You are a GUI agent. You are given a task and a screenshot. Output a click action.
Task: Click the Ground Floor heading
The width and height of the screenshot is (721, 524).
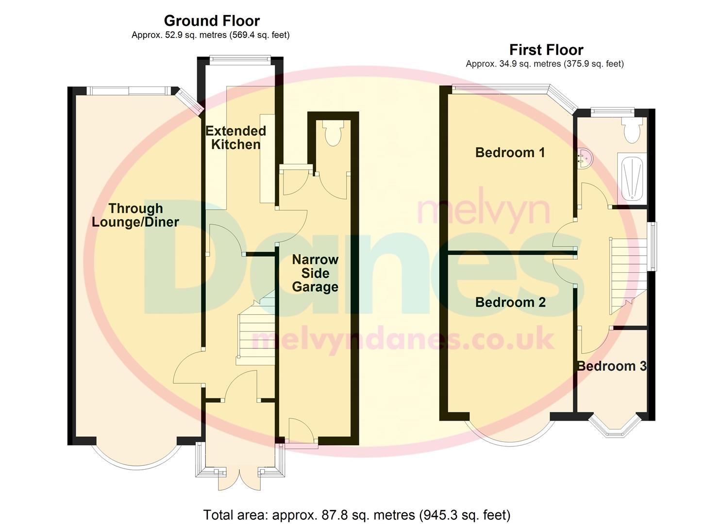212,21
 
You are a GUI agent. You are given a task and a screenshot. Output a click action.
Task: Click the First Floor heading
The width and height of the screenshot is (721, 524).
546,49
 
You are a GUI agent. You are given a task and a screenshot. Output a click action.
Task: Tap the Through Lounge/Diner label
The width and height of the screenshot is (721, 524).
135,215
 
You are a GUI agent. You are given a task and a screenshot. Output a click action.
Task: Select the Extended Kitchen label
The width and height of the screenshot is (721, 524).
235,137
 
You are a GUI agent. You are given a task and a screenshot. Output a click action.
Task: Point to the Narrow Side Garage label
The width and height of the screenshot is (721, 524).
315,273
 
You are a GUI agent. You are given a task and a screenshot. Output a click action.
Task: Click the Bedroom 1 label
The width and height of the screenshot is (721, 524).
510,152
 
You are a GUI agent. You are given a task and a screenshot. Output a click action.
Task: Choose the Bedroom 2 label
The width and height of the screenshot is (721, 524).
510,302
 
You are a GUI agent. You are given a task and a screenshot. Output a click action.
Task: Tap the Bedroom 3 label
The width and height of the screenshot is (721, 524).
611,366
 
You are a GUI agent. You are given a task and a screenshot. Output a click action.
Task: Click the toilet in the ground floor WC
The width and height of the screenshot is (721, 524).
333,133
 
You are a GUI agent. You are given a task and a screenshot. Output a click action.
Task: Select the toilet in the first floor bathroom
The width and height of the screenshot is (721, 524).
631,130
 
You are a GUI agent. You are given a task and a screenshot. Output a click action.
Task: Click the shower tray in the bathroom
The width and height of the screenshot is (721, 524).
632,179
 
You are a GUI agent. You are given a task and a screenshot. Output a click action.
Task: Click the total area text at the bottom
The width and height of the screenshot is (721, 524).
356,514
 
